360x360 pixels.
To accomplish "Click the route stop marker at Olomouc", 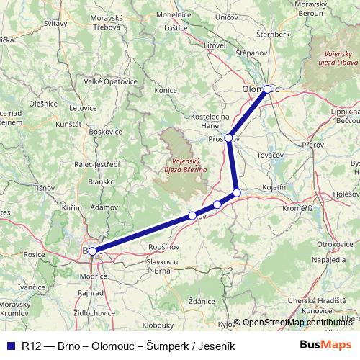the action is click(x=267, y=89).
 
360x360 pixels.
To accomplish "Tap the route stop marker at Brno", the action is click(x=92, y=251).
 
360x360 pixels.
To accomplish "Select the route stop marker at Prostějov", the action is click(x=228, y=138).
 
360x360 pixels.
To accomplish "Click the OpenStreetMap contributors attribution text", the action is click(x=297, y=323).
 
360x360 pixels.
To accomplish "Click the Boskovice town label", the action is click(x=107, y=132).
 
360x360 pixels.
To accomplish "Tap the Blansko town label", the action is click(x=102, y=182).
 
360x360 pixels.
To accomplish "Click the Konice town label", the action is click(x=166, y=91).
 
